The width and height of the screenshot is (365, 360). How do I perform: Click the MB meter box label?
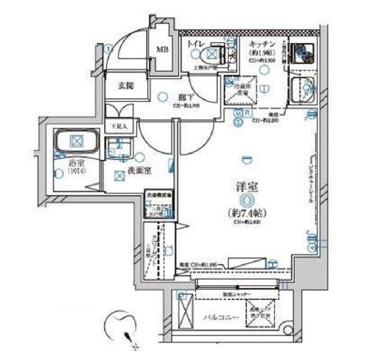[163, 50]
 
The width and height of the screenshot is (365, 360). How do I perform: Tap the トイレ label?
[194, 43]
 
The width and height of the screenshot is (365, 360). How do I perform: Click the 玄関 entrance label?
[126, 86]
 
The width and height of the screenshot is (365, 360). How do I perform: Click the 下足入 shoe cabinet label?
[120, 126]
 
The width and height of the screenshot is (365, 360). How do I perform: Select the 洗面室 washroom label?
[141, 171]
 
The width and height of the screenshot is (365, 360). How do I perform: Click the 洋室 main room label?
[246, 187]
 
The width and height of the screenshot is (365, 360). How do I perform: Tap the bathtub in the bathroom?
[76, 141]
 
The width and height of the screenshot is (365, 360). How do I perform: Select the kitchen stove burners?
[303, 52]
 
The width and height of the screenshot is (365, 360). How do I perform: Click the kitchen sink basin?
[302, 87]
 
